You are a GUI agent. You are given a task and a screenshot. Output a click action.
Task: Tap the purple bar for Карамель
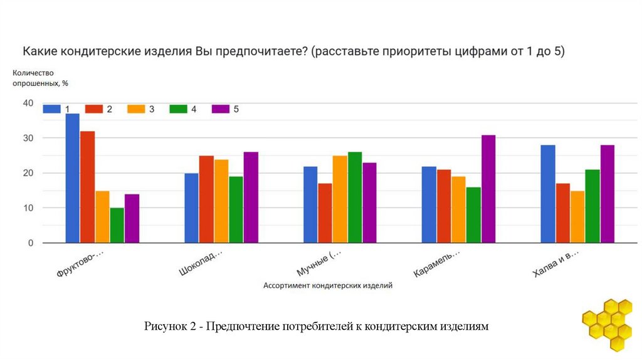point(489,188)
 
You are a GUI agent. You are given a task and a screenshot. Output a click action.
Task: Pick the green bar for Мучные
point(355,197)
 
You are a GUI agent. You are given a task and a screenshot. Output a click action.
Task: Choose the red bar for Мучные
point(325,213)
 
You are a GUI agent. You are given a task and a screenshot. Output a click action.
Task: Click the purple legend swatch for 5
point(221,109)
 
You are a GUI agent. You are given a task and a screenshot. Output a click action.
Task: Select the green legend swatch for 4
point(179,109)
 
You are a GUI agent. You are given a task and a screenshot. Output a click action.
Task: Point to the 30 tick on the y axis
point(28,138)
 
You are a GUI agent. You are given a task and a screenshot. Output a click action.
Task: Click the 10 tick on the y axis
point(28,208)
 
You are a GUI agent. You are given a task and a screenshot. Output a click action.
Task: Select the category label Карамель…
point(436,264)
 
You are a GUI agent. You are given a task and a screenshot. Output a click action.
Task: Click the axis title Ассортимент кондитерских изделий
point(327,285)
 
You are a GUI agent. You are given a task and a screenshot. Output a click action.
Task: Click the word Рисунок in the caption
point(165,326)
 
